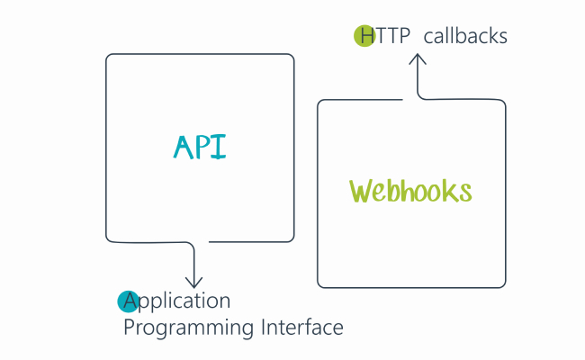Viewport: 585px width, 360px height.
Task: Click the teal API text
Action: coord(199,147)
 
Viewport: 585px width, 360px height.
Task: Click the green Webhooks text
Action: coord(410,192)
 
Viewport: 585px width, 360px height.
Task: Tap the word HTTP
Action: coord(382,37)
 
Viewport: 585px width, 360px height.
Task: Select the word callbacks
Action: coord(465,37)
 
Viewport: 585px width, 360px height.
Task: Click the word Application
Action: coord(177,301)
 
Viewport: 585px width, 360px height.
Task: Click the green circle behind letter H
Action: coord(364,37)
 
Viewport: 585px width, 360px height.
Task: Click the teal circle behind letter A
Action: coord(128,301)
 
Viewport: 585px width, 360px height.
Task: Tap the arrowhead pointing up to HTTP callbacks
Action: coord(418,59)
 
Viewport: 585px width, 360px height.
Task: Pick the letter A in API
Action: coord(183,148)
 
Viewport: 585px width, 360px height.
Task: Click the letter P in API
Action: coord(203,147)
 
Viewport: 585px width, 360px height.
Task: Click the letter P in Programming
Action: coord(129,327)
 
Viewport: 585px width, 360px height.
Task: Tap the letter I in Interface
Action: coord(261,327)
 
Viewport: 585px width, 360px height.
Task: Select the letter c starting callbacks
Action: coord(427,39)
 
